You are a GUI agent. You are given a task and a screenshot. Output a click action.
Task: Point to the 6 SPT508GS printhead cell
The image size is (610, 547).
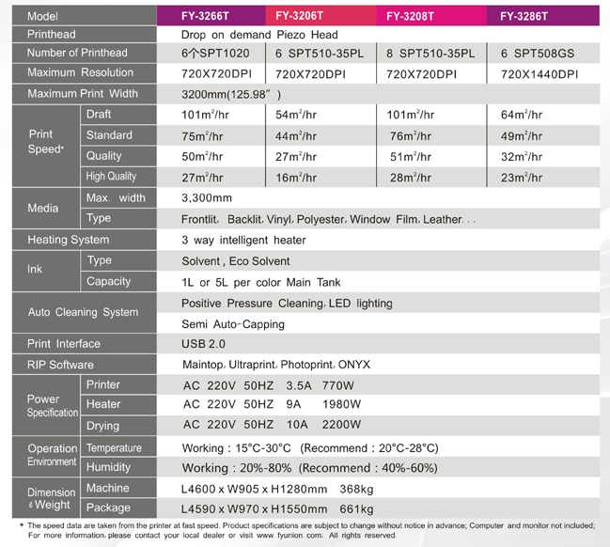pyautogui.click(x=538, y=54)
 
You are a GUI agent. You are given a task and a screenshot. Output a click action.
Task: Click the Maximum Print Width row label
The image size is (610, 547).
pyautogui.click(x=83, y=94)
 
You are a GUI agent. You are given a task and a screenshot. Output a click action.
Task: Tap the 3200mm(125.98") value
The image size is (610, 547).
pyautogui.click(x=231, y=94)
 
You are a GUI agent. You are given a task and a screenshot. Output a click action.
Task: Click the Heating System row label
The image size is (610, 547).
pyautogui.click(x=68, y=240)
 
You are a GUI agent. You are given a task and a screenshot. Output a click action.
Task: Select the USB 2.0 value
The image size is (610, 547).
pyautogui.click(x=203, y=344)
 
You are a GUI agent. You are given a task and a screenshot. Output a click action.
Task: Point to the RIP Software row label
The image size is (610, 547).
pyautogui.click(x=60, y=365)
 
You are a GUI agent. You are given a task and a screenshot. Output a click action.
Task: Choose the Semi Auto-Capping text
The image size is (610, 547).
pyautogui.click(x=234, y=323)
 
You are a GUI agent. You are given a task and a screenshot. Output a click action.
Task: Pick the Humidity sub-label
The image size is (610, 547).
pyautogui.click(x=109, y=467)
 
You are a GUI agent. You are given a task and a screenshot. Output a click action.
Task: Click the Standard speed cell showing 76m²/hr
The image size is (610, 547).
pyautogui.click(x=411, y=136)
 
